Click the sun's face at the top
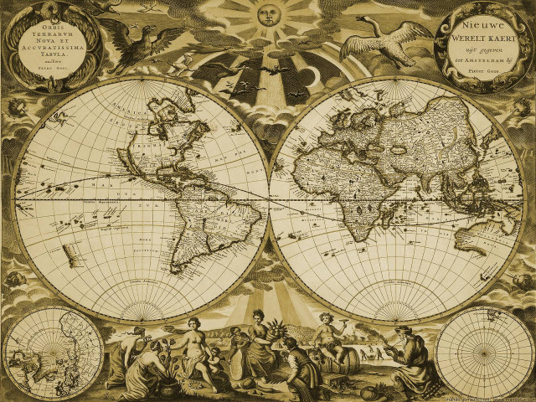[x=266, y=15]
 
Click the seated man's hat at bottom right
[x=407, y=330]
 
